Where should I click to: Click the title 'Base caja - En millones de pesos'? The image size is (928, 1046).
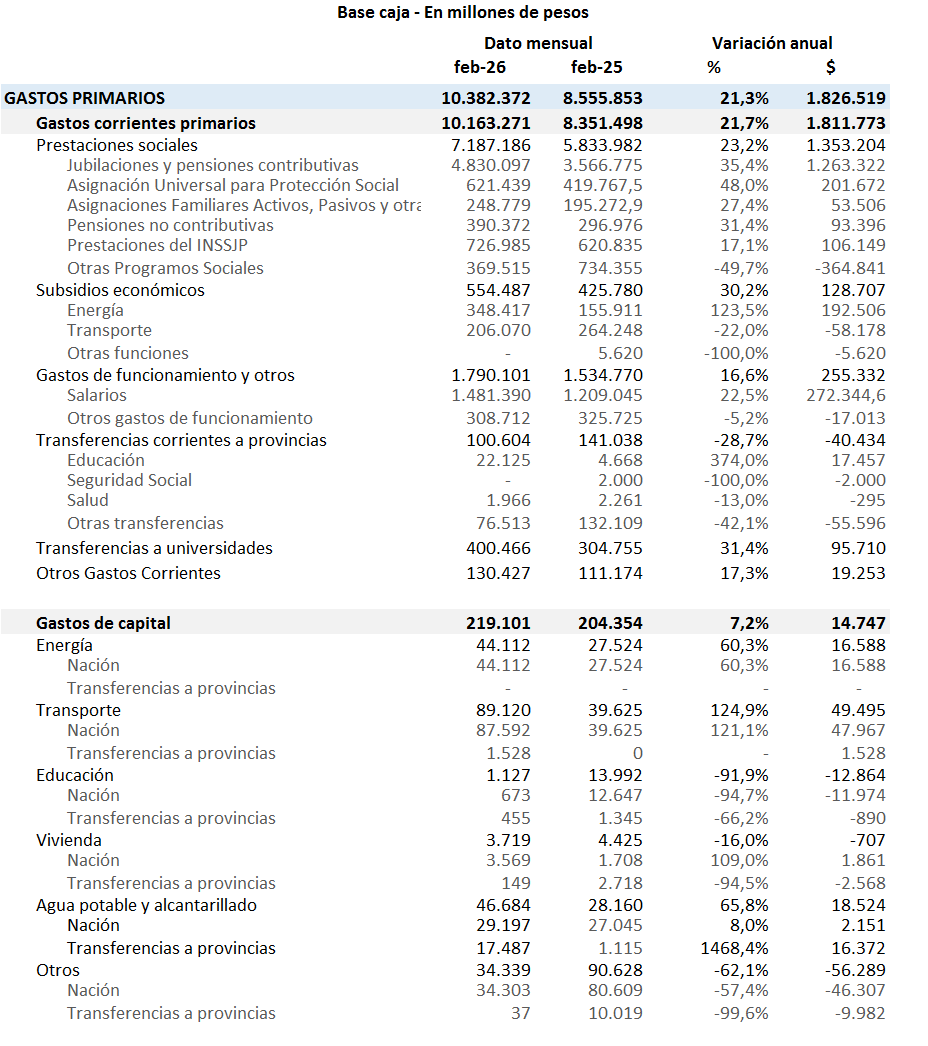(x=463, y=13)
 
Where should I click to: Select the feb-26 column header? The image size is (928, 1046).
(x=480, y=67)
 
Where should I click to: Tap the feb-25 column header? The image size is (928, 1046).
(x=596, y=67)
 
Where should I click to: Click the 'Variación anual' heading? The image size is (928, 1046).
(x=772, y=43)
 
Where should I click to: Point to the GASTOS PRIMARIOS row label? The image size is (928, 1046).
(x=85, y=98)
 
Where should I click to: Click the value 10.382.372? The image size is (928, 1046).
(x=486, y=98)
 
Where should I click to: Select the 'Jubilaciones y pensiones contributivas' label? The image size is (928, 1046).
(x=213, y=165)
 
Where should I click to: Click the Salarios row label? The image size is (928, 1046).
(x=97, y=396)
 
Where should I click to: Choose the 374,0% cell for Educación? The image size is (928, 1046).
(x=741, y=460)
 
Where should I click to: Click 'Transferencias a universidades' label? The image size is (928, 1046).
(x=154, y=548)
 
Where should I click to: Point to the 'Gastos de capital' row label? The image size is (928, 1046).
(x=103, y=623)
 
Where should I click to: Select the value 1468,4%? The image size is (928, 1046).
(x=735, y=948)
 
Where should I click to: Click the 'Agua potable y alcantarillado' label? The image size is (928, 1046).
(x=146, y=905)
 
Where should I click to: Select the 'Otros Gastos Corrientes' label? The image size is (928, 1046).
(x=128, y=573)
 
